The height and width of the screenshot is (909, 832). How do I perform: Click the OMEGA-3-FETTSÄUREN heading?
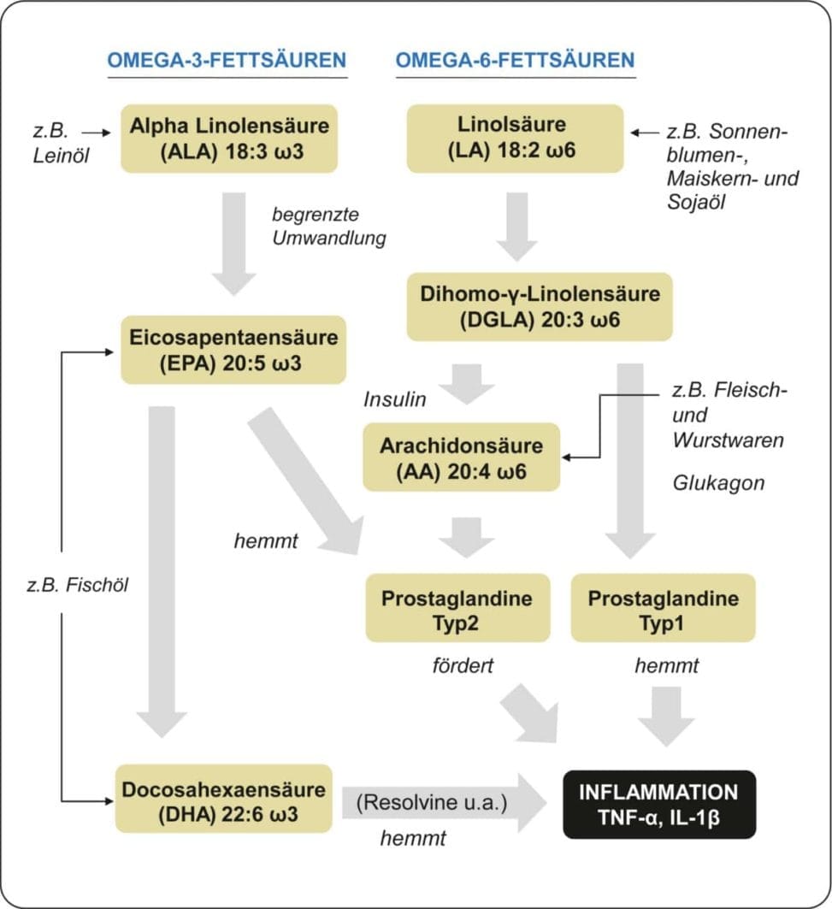coord(227,60)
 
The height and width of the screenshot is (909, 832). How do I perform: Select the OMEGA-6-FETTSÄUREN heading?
coord(515,60)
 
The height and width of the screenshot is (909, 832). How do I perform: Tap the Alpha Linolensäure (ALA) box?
coord(229,139)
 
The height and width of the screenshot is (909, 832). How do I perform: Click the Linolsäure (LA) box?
coord(514,139)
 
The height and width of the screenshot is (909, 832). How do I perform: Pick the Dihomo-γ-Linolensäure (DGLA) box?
coord(540,307)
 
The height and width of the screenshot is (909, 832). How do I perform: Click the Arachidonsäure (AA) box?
coord(461,457)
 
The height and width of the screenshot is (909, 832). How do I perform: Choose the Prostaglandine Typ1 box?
coord(663,609)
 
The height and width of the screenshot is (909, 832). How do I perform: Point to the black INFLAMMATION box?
coord(658,805)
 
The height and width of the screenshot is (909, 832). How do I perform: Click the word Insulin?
coord(394,399)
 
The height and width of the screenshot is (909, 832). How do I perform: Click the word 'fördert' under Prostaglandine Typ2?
coord(461,665)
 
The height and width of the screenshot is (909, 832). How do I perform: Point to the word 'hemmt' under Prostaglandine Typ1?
coord(666,665)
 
